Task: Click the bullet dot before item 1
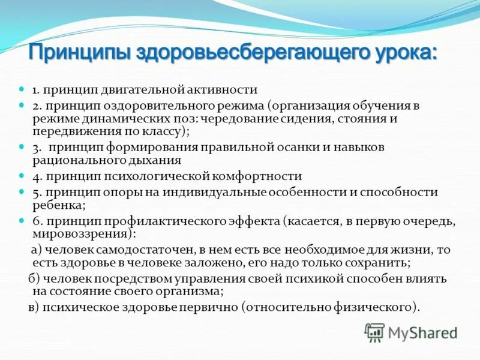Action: point(21,89)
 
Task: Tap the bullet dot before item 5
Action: point(21,192)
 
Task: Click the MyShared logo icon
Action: point(374,332)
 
